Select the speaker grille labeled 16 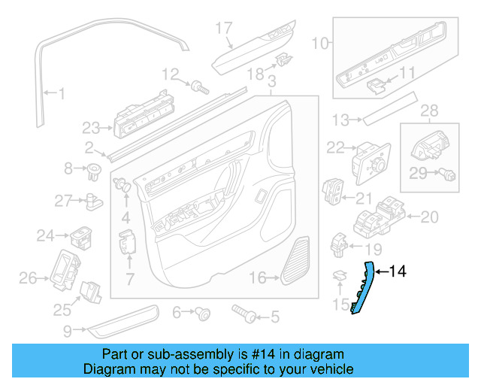(296, 261)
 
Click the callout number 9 (68, 330)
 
